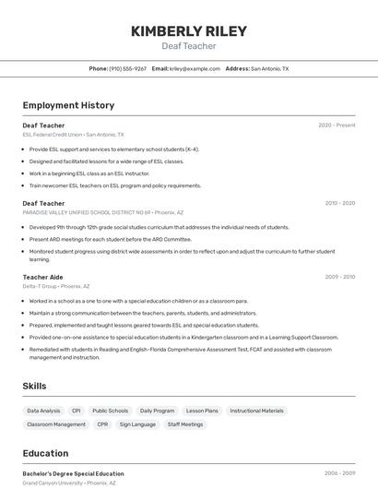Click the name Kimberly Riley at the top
pos(189,31)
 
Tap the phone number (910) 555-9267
pos(127,68)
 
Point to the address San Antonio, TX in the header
pos(269,68)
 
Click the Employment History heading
pos(68,106)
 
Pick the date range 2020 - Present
pos(337,125)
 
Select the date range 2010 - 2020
pos(340,203)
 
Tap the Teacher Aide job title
pos(42,277)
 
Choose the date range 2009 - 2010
pos(340,277)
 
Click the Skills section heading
pos(35,387)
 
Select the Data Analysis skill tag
pos(43,411)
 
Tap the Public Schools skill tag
pos(111,411)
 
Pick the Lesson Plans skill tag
pos(202,411)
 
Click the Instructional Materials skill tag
pos(257,411)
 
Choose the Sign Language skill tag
pos(137,424)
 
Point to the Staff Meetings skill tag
pos(185,424)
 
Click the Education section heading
pos(45,453)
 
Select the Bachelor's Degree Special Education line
pos(73,473)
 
